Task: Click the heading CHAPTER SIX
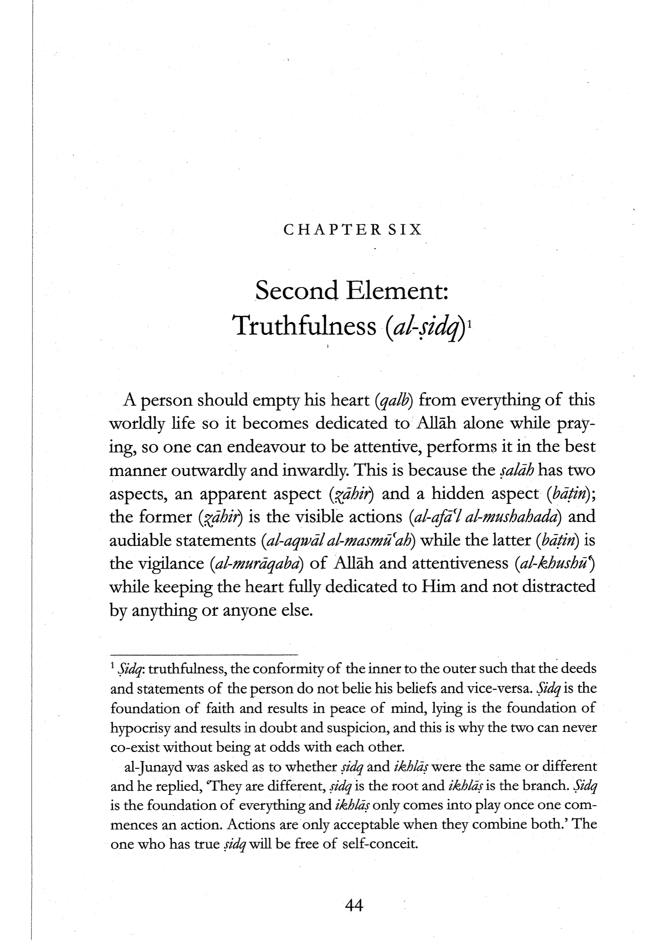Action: [x=352, y=229]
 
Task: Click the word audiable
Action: [x=140, y=540]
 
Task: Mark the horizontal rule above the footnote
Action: [x=203, y=654]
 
